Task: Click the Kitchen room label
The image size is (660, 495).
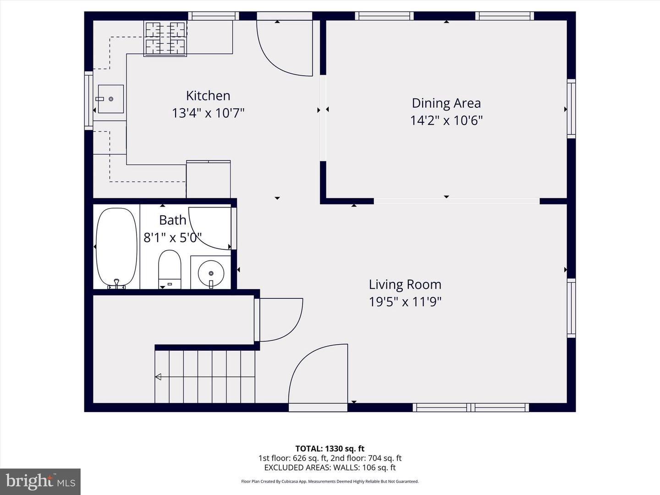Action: point(208,96)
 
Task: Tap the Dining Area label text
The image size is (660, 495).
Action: point(446,103)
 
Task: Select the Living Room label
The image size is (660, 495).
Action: point(405,284)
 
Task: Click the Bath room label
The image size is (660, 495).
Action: point(173,220)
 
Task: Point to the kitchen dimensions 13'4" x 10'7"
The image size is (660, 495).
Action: point(208,113)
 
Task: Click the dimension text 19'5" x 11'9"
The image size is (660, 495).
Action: point(405,302)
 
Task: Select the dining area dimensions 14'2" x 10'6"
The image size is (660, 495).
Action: point(446,121)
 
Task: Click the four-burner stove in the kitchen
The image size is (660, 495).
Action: point(165,38)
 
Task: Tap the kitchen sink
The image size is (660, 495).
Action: point(110,99)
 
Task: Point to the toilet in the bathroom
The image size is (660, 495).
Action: point(170,269)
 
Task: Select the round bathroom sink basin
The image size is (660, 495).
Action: point(211,273)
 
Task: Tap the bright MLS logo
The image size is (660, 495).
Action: point(40,481)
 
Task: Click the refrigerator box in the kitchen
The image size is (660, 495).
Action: point(209,179)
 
